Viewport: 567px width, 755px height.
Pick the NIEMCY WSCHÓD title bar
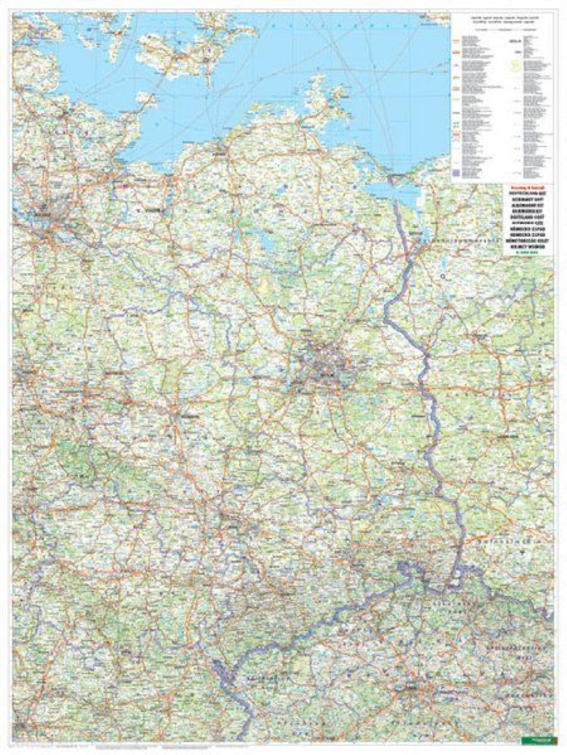click(x=476, y=246)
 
